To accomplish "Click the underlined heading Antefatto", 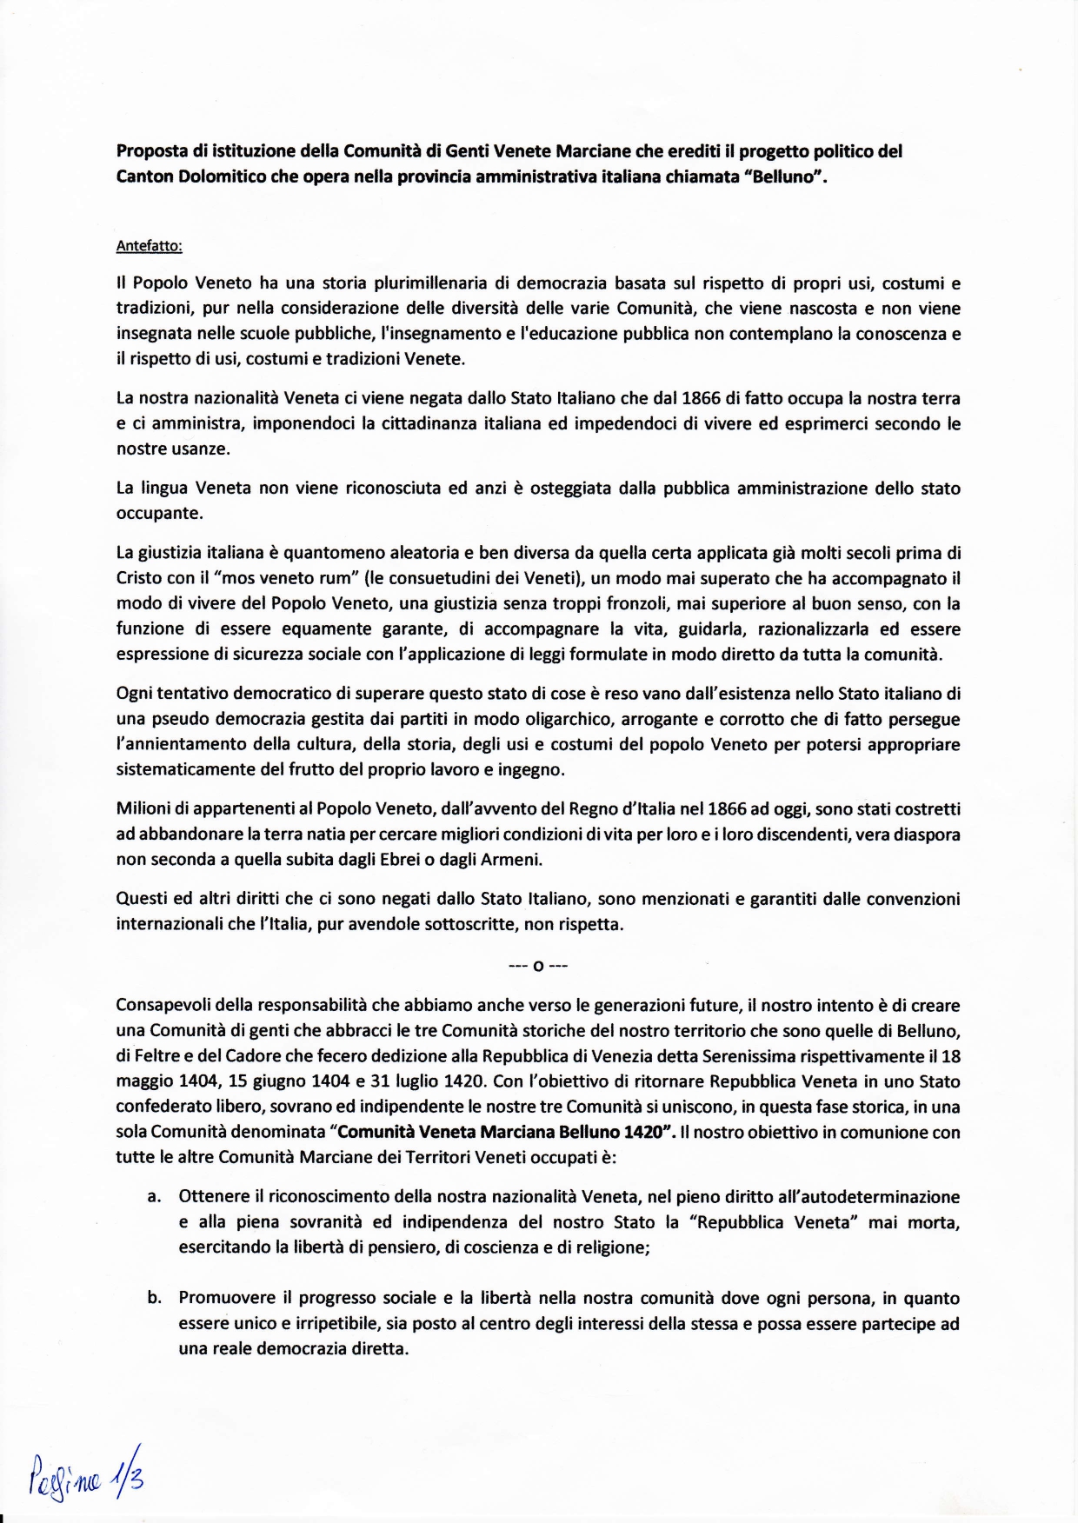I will point(149,246).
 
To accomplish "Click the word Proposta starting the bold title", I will point(150,151).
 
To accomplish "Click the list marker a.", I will point(154,1198).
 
